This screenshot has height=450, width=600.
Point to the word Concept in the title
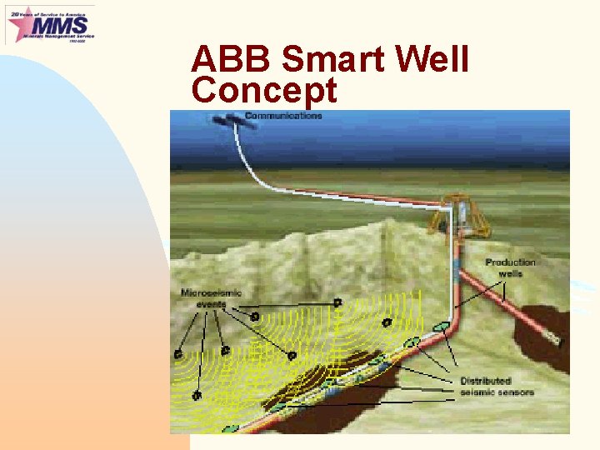(x=264, y=90)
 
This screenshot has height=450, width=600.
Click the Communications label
(x=283, y=116)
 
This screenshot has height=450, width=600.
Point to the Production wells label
(x=510, y=267)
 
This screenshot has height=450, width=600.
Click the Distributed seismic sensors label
(x=497, y=387)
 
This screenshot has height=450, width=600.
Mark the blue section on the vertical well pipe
(x=457, y=265)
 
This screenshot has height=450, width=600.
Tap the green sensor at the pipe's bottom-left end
(x=229, y=428)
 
